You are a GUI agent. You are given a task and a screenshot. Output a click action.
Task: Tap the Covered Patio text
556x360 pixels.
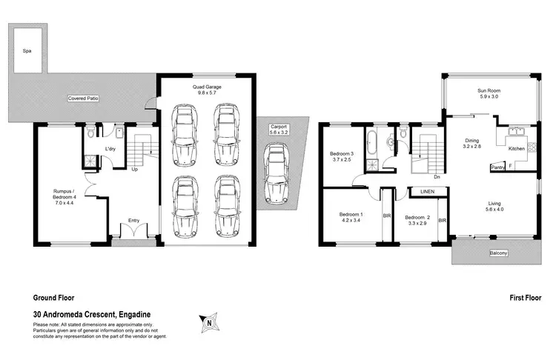tap(84, 98)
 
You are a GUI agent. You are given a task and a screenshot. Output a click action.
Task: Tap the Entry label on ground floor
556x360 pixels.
tap(133, 220)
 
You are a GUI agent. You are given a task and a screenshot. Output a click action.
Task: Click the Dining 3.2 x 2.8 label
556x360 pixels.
tap(471, 143)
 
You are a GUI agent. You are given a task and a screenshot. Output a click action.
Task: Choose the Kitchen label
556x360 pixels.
tap(517, 148)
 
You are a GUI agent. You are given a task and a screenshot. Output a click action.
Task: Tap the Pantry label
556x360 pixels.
tap(499, 167)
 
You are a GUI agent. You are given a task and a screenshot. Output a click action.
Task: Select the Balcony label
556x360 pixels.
tap(498, 254)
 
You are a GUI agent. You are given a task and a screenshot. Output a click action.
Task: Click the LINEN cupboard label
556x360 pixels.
tap(428, 191)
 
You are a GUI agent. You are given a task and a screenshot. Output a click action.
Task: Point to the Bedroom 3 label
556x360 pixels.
tap(342, 157)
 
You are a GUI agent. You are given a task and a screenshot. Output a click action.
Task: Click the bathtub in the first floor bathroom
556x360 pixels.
tap(370, 139)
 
